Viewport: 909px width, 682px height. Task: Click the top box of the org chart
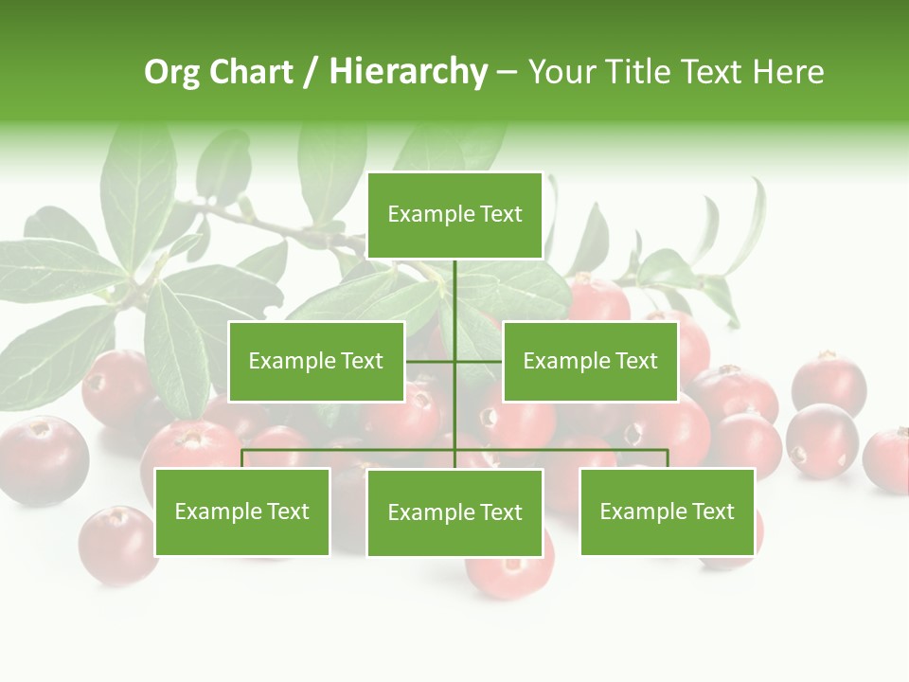pos(454,215)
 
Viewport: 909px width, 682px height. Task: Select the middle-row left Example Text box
pos(316,361)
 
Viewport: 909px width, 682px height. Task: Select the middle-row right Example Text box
pos(590,361)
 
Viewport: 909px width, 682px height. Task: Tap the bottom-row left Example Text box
pos(242,511)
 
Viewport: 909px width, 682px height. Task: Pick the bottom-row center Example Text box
pos(454,512)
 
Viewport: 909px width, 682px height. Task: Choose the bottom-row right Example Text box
pos(667,511)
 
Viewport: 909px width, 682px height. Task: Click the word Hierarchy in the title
pos(407,72)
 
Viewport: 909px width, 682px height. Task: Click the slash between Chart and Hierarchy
pos(310,72)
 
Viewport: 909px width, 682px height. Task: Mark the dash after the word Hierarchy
pos(507,72)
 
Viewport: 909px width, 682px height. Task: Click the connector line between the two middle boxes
pos(454,361)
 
